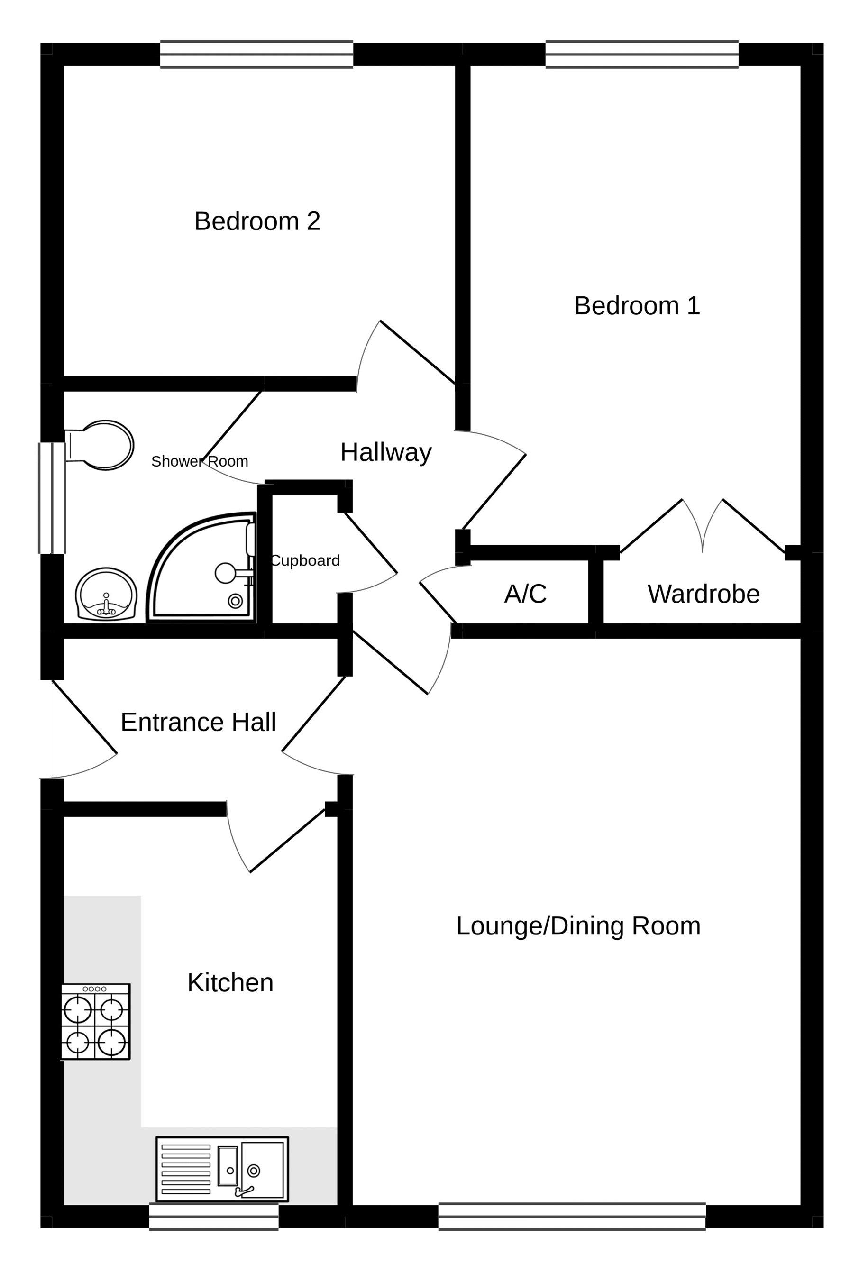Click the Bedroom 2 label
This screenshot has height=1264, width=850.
pyautogui.click(x=257, y=221)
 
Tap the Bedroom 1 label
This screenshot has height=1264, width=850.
pyautogui.click(x=637, y=306)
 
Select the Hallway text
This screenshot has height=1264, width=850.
pyautogui.click(x=385, y=452)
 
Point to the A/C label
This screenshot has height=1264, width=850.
pyautogui.click(x=525, y=594)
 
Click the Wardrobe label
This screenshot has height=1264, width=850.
pyautogui.click(x=703, y=594)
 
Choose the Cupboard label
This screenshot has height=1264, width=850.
pyautogui.click(x=305, y=560)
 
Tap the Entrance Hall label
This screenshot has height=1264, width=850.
pyautogui.click(x=199, y=722)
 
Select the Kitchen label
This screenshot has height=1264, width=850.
pyautogui.click(x=230, y=983)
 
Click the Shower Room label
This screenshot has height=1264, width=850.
pyautogui.click(x=200, y=461)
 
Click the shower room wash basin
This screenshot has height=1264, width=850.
pyautogui.click(x=106, y=594)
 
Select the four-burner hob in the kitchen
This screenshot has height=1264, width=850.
pyautogui.click(x=96, y=1021)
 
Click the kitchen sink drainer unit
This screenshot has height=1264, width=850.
pyautogui.click(x=222, y=1170)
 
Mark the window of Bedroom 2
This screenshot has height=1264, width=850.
pyautogui.click(x=256, y=54)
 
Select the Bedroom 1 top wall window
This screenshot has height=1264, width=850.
pyautogui.click(x=642, y=54)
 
